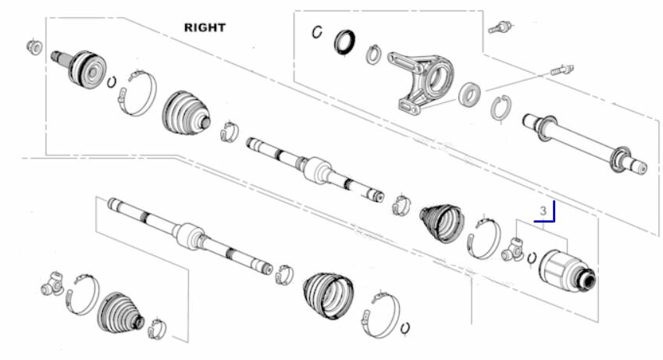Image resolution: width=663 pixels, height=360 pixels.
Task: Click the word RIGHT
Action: point(205,27)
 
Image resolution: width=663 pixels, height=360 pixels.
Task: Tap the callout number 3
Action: point(543,210)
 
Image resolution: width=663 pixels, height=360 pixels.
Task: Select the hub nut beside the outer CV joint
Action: point(34,46)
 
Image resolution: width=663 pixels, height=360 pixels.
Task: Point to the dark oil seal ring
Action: point(344,42)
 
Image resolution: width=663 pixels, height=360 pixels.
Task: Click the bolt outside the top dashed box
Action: point(501,27)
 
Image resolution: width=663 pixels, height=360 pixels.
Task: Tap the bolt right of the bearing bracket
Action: point(562,70)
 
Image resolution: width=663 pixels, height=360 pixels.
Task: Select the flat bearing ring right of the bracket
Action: point(469,94)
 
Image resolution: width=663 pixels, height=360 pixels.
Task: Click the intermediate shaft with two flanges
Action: point(585,144)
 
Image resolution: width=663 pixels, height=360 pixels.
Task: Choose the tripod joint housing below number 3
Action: point(568,272)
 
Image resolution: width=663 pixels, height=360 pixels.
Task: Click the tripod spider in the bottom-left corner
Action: point(52,283)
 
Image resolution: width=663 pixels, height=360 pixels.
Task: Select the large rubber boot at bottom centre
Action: point(328,296)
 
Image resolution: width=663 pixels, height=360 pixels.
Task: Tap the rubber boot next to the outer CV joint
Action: point(186,113)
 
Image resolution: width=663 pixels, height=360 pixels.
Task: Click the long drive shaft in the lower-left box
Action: point(190,236)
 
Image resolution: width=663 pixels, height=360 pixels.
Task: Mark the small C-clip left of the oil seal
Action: point(317,32)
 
